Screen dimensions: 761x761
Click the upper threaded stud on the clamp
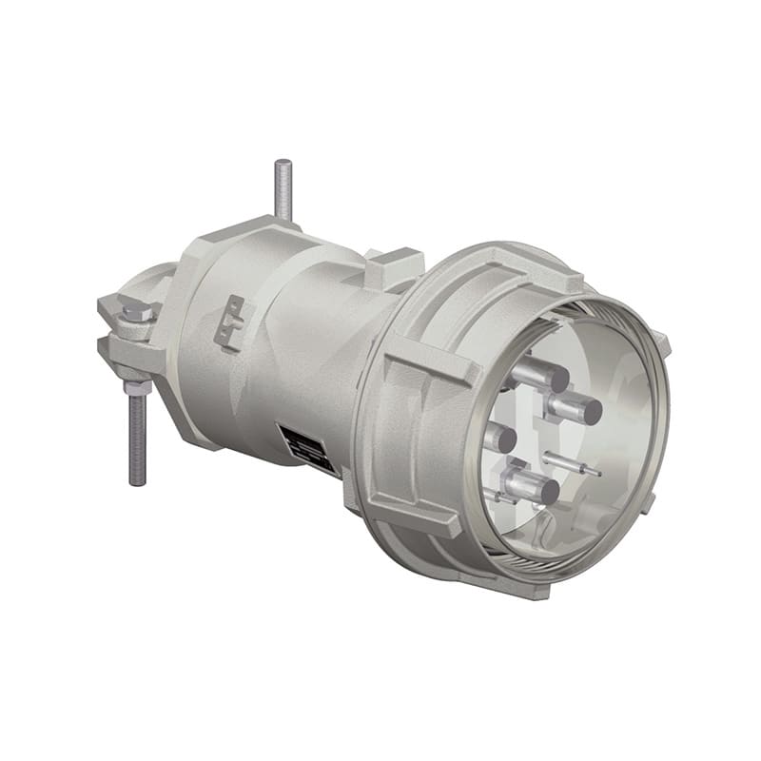point(283,190)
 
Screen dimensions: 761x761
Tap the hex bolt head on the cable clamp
point(134,311)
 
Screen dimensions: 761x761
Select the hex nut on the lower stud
point(137,386)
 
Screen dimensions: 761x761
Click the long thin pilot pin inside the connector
point(576,465)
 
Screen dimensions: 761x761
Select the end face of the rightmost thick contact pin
point(591,411)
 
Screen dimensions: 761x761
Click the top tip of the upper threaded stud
point(283,163)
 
